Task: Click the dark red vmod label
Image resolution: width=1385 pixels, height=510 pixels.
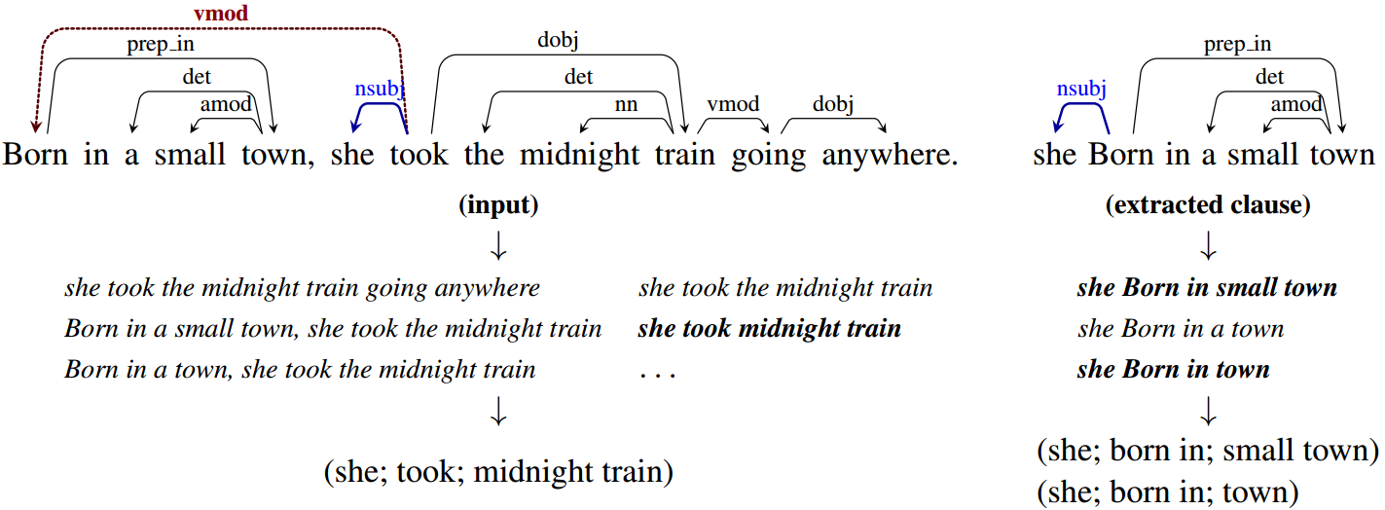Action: click(x=221, y=13)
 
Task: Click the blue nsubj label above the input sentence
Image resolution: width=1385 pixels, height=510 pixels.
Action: click(x=379, y=89)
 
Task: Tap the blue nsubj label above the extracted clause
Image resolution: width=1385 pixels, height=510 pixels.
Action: click(x=1080, y=89)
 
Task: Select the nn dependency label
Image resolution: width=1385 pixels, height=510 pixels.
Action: click(x=626, y=104)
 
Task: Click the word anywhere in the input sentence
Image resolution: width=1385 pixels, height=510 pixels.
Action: click(x=890, y=155)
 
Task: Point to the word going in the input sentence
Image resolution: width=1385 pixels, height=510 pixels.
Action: click(x=769, y=156)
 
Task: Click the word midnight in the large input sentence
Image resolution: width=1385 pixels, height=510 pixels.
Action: click(x=579, y=155)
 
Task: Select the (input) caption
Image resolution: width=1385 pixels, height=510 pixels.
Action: click(x=498, y=204)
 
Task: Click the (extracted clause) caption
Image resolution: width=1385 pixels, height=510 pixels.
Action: click(x=1208, y=204)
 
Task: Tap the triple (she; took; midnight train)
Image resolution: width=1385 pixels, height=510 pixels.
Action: click(x=498, y=472)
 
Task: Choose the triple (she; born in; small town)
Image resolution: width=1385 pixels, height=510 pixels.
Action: click(x=1208, y=451)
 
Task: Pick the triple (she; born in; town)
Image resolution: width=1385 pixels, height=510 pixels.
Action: click(x=1168, y=492)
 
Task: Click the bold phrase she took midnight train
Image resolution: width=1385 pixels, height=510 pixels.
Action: click(x=769, y=329)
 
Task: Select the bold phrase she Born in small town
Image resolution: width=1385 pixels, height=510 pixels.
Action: click(x=1207, y=288)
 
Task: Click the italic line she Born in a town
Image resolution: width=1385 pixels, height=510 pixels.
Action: click(x=1181, y=329)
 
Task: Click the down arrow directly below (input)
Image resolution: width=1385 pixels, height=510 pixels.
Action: click(x=498, y=246)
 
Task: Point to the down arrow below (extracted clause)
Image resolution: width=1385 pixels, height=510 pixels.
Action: click(x=1208, y=246)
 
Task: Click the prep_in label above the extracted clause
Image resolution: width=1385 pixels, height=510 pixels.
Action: click(x=1237, y=45)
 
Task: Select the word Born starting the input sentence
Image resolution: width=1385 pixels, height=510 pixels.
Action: click(x=35, y=154)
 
